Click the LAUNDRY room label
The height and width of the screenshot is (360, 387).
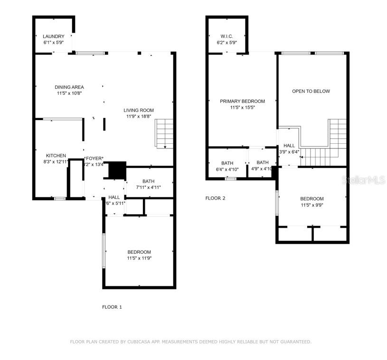coord(53,37)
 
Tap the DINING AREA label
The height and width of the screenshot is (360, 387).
coord(69,87)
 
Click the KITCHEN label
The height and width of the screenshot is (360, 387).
coord(56,156)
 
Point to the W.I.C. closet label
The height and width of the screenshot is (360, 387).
coord(226,37)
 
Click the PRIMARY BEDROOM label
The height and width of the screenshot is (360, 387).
coord(242,101)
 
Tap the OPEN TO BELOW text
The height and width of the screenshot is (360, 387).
coord(311,91)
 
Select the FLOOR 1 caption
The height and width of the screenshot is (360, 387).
coord(112,307)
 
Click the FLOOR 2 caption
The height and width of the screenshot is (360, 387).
coord(215,198)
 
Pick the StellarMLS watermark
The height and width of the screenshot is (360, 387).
coord(365,180)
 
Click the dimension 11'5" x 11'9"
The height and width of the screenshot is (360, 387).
coord(139,258)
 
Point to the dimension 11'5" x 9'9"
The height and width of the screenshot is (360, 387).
coord(312,205)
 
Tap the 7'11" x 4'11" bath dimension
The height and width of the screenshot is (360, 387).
coord(148,187)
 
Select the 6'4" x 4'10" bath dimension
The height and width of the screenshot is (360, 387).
coord(227,169)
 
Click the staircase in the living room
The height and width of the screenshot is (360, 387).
coord(164,133)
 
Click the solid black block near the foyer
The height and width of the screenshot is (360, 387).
coord(117,170)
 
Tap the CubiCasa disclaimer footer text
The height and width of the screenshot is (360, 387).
coord(190,342)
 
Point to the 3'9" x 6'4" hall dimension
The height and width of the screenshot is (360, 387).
coord(289,152)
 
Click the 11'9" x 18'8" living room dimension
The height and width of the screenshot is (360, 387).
coord(139,116)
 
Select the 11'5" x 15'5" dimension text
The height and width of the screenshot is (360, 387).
coord(242,108)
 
